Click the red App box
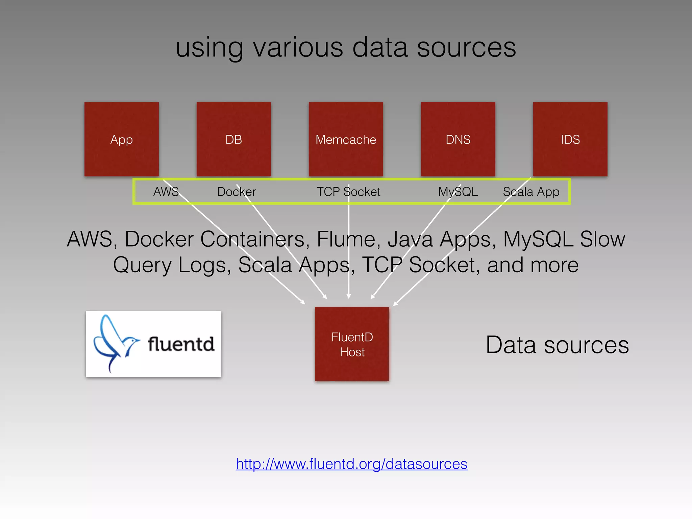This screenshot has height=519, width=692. (x=122, y=139)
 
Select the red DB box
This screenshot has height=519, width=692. (x=234, y=139)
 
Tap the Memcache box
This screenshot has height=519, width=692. (x=346, y=139)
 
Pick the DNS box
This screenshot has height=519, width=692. (x=458, y=139)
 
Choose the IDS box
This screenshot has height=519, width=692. (x=570, y=139)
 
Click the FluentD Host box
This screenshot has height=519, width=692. (x=352, y=344)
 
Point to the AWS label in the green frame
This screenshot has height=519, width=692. (x=166, y=192)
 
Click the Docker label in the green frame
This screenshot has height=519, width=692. (x=237, y=192)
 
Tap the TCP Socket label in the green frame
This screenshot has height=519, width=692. (x=348, y=192)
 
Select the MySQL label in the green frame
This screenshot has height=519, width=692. (x=458, y=192)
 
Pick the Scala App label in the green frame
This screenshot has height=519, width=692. (x=531, y=192)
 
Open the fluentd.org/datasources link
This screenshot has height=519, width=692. (x=351, y=464)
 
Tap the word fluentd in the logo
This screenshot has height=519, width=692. (x=181, y=344)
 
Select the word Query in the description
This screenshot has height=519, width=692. (x=142, y=265)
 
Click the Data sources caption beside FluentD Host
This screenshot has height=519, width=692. (x=557, y=345)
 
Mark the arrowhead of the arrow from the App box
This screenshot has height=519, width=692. (x=303, y=302)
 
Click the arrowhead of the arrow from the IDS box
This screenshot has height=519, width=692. (x=395, y=304)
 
